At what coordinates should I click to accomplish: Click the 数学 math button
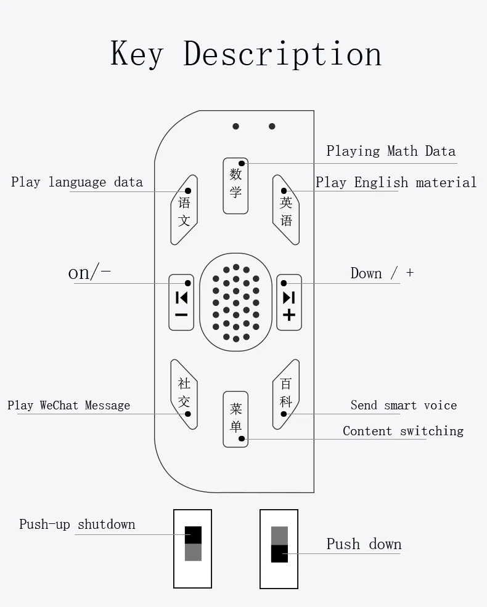(235, 185)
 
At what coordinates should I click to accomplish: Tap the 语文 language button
(184, 210)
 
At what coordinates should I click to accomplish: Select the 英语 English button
(286, 210)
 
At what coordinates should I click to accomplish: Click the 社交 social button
(184, 394)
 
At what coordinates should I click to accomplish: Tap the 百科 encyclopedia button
(286, 394)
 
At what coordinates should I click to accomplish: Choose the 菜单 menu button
(235, 419)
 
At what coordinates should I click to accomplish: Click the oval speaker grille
(235, 302)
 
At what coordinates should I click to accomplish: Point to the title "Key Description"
(246, 54)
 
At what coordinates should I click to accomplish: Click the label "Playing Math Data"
(391, 151)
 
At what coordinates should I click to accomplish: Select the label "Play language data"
(77, 182)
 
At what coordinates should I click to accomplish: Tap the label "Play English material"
(396, 183)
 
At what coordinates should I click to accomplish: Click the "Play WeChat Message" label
(69, 405)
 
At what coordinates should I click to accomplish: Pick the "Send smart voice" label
(404, 405)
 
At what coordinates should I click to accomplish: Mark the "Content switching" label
(403, 431)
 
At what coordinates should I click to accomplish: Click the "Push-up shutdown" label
(77, 525)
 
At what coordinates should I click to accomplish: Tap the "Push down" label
(364, 544)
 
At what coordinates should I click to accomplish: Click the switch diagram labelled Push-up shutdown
(193, 549)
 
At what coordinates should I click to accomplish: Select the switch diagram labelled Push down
(279, 549)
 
